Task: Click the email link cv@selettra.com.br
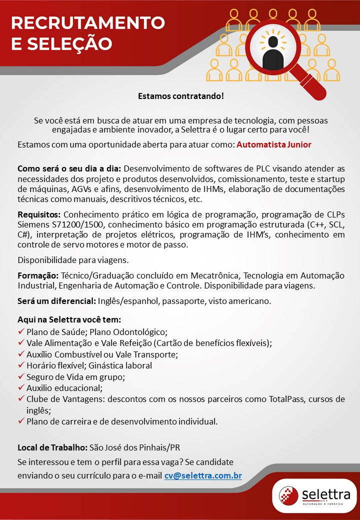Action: [x=203, y=475]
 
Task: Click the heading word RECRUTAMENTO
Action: [x=88, y=22]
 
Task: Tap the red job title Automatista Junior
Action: [x=274, y=144]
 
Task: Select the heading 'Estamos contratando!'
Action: [x=180, y=95]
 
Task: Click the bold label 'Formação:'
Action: [x=38, y=275]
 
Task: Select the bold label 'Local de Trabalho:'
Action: [x=52, y=447]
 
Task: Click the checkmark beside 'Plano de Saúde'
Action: [x=21, y=331]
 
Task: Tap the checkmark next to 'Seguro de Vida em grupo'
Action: [x=21, y=376]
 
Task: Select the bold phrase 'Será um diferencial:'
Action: [x=56, y=301]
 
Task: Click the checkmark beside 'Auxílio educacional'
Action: [x=21, y=387]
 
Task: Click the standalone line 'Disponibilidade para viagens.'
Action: [x=73, y=260]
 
